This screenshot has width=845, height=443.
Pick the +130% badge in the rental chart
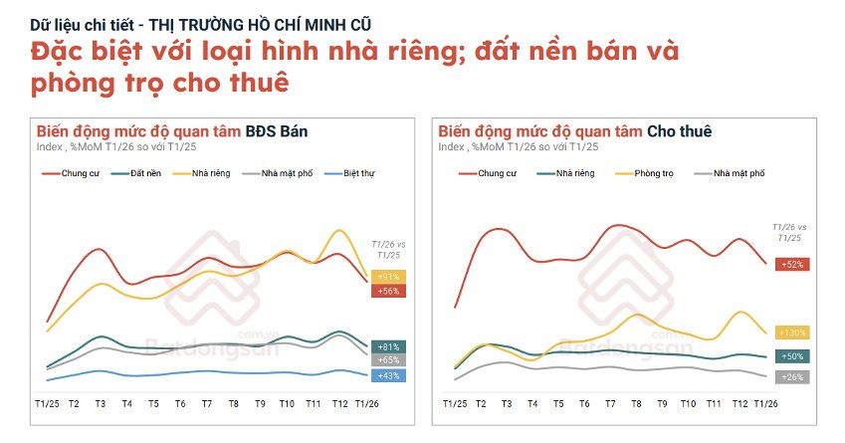coord(793,332)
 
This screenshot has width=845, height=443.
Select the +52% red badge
coord(793,264)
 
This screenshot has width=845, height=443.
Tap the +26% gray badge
coord(793,377)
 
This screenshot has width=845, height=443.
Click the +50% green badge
coord(793,355)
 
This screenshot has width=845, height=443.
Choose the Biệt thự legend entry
coord(348,173)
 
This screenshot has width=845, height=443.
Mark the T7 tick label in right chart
coord(610,404)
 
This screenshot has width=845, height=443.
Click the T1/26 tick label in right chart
coord(767,404)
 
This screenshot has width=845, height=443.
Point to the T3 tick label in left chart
coord(101,404)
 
